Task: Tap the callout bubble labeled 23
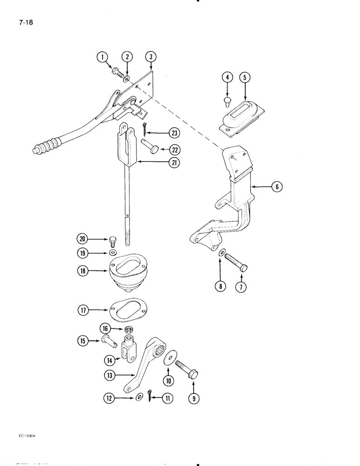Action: [174, 133]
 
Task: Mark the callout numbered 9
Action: [191, 397]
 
